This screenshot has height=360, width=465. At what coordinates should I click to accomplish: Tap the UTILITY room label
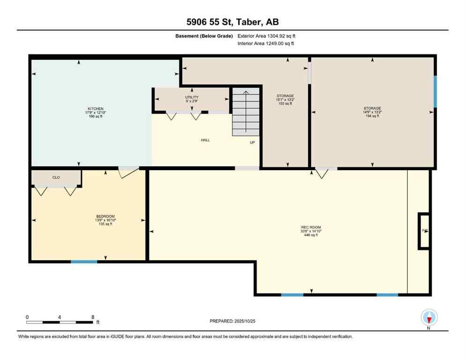(x=192, y=97)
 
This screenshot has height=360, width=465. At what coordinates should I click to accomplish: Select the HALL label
(x=205, y=140)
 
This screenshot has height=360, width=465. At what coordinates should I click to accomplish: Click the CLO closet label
(x=56, y=177)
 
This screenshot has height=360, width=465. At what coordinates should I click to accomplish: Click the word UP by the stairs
(x=252, y=142)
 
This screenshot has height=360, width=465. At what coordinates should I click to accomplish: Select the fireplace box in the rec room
(x=424, y=231)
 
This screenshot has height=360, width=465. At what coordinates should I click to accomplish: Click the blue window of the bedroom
(x=84, y=262)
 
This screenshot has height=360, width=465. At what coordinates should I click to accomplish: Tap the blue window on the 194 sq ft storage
(x=435, y=91)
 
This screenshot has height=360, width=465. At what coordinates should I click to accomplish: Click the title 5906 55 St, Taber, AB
(x=232, y=22)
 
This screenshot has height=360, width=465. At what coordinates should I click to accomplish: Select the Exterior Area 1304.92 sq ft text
(x=266, y=36)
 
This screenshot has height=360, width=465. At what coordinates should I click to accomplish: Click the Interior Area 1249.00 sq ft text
(x=266, y=44)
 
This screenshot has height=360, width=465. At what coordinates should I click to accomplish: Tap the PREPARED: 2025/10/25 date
(x=233, y=321)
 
